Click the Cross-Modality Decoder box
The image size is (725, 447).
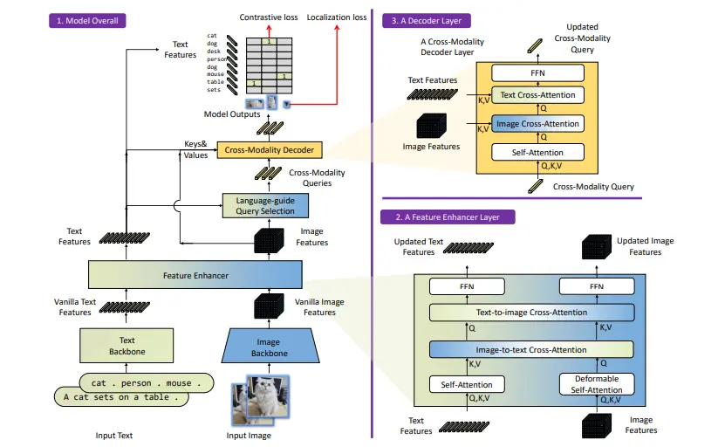[269, 150]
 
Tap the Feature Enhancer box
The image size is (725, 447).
[195, 276]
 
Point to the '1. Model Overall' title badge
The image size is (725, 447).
[89, 19]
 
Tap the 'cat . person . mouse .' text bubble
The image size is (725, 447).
[147, 382]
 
